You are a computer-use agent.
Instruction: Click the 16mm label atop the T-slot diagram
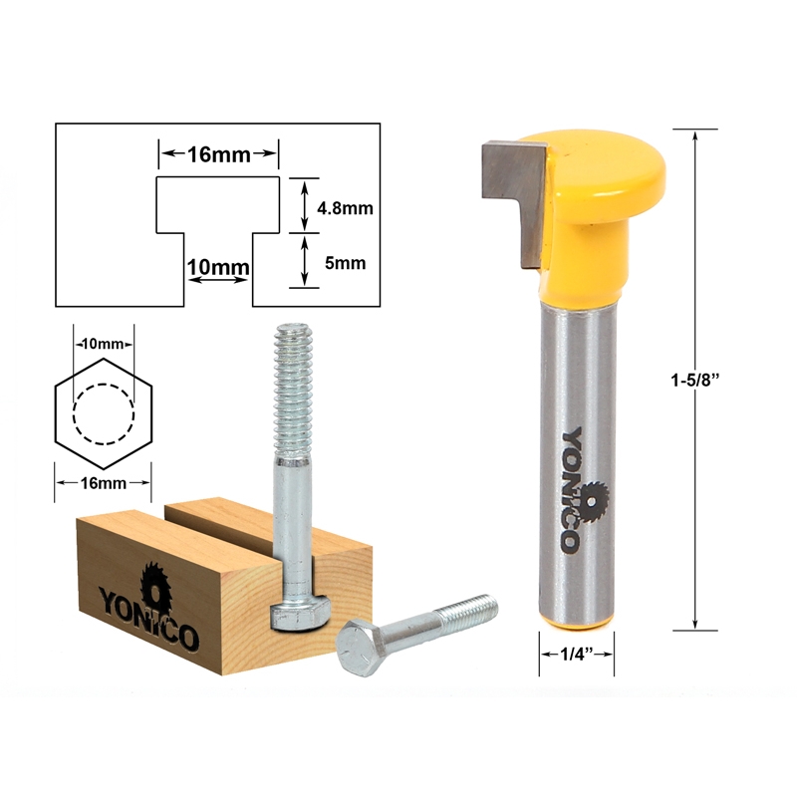pos(218,154)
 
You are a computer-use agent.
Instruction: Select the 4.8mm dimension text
pos(344,209)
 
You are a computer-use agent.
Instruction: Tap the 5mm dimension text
pos(344,264)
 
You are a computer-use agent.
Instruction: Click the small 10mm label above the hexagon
pos(103,344)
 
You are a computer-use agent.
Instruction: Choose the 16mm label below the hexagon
pos(103,483)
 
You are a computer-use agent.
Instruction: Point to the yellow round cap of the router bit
pos(598,174)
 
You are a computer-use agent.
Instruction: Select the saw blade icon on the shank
pos(594,497)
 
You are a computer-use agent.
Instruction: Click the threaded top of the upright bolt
pos(294,379)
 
